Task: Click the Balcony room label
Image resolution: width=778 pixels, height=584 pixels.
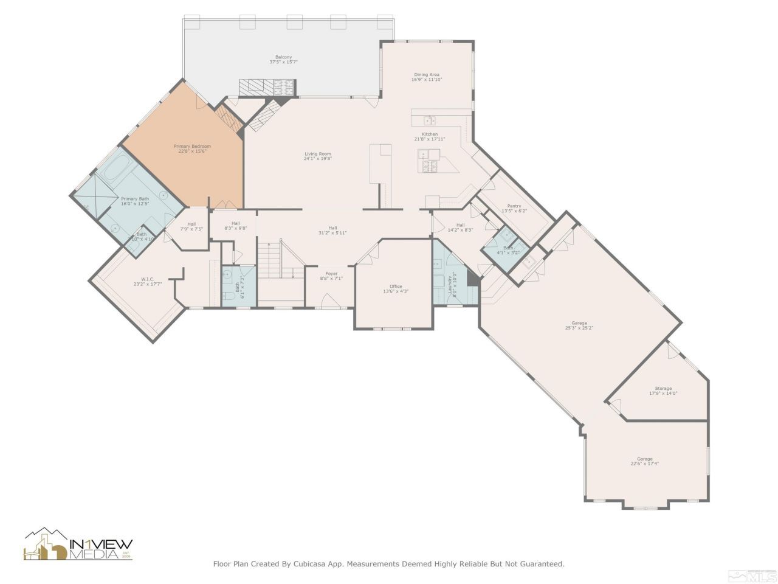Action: point(283,57)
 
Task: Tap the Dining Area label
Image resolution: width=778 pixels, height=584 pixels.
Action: point(427,75)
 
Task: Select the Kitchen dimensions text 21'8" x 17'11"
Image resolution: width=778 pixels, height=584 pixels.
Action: point(430,139)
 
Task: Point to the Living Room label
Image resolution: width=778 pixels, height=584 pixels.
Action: point(318,154)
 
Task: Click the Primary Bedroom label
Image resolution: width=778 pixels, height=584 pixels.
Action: point(192,147)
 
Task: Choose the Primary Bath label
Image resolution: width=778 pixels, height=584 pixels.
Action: point(134,199)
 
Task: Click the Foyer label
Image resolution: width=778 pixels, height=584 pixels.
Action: point(331,274)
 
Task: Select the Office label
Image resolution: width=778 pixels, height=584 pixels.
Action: point(396,287)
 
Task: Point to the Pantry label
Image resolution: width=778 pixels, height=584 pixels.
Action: point(514,206)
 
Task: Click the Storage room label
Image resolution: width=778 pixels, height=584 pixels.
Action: point(663,389)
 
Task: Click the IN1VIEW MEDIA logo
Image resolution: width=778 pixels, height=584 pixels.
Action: point(78,544)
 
